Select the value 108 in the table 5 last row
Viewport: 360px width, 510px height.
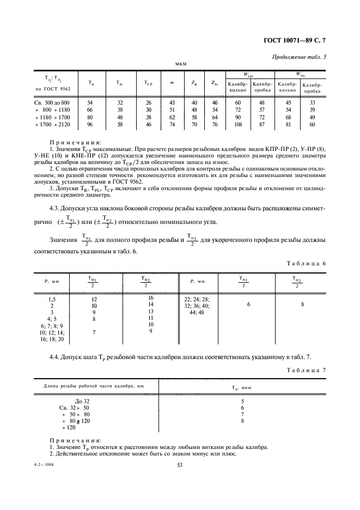click(x=237, y=125)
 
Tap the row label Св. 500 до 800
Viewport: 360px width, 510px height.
click(x=53, y=102)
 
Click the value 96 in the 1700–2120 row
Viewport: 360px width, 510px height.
click(x=90, y=125)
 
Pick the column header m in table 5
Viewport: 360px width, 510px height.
click(x=172, y=83)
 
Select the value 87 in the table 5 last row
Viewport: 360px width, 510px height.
click(x=262, y=125)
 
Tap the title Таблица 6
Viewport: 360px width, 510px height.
click(x=306, y=263)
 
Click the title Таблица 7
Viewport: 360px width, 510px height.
click(x=306, y=369)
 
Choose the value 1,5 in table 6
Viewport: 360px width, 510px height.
click(x=52, y=299)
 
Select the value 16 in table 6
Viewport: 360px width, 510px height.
click(x=151, y=297)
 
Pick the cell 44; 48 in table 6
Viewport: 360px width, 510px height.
click(x=197, y=313)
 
